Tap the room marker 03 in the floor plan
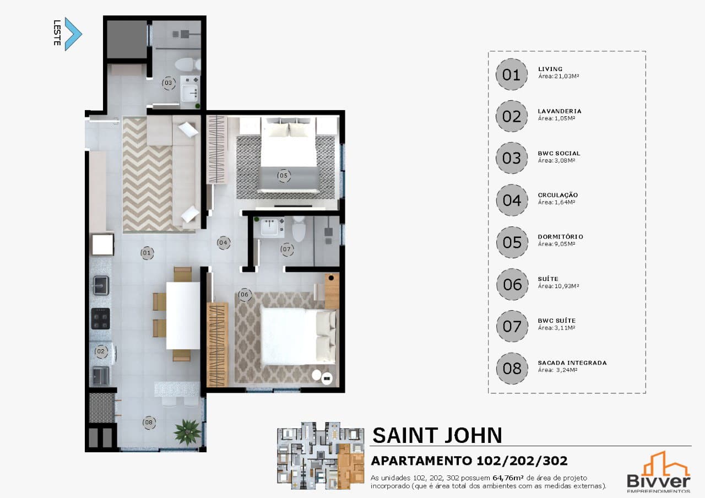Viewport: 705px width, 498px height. tap(169, 83)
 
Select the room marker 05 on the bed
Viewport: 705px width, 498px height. tap(284, 175)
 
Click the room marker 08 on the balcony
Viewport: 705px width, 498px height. tap(149, 422)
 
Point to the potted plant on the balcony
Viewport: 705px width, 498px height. tap(188, 432)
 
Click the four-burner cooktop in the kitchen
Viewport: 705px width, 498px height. tap(100, 318)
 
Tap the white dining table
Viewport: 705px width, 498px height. tap(183, 316)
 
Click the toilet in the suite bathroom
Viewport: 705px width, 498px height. tap(299, 229)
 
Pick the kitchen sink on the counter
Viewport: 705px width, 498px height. tap(100, 285)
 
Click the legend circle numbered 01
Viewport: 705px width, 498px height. tap(512, 74)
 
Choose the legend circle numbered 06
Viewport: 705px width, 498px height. tap(512, 284)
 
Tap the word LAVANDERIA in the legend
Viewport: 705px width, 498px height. tap(559, 111)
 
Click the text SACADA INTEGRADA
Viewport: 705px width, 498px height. tap(572, 362)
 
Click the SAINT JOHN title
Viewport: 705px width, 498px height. tap(437, 435)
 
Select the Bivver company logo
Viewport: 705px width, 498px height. tap(658, 472)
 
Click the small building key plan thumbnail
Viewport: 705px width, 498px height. tap(321, 456)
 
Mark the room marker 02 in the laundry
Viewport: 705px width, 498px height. tap(101, 351)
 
